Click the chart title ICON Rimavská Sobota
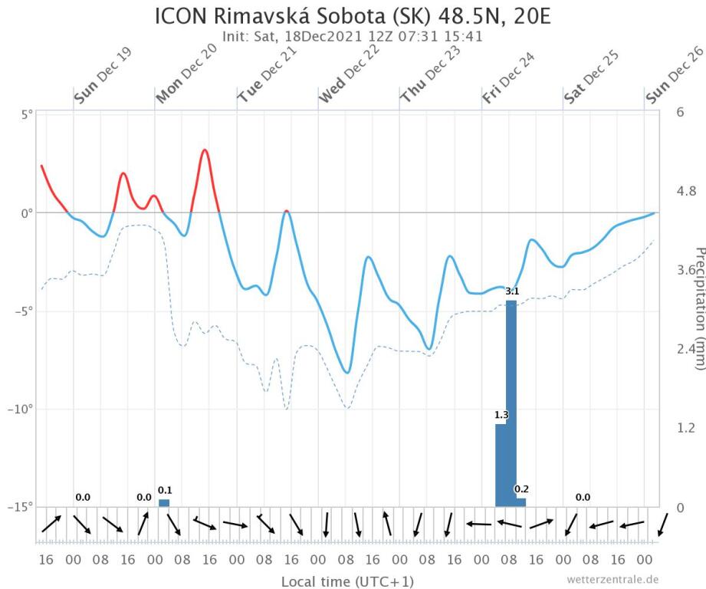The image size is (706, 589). click(x=353, y=17)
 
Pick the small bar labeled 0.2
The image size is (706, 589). click(x=521, y=502)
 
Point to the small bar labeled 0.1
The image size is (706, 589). click(x=164, y=503)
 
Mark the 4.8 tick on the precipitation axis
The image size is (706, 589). click(x=685, y=191)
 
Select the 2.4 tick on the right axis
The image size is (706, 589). click(x=685, y=349)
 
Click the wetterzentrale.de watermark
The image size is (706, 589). click(x=613, y=579)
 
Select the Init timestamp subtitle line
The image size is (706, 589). click(x=353, y=36)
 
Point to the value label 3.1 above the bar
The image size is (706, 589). click(x=512, y=291)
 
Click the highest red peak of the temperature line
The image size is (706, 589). click(x=205, y=150)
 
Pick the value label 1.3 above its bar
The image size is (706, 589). click(x=501, y=415)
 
